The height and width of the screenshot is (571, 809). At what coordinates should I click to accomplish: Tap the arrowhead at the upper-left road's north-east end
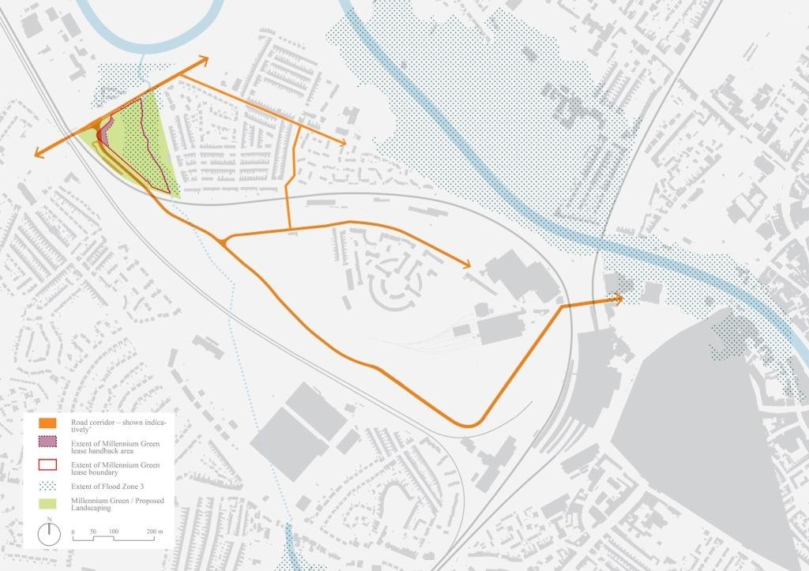click(x=203, y=59)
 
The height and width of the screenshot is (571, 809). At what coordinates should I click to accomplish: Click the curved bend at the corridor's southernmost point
click(x=470, y=426)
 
